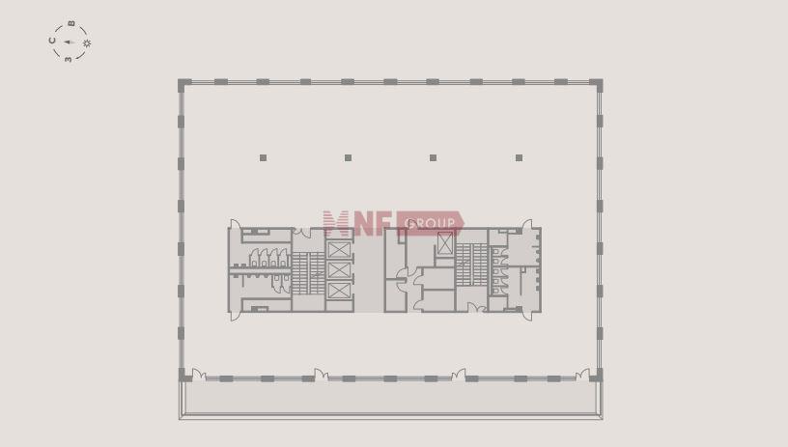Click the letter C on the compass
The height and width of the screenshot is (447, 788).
[x=52, y=41]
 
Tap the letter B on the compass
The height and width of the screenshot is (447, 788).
[x=71, y=23]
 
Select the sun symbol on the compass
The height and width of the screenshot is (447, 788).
[x=87, y=43]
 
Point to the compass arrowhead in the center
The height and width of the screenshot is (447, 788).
[x=68, y=42]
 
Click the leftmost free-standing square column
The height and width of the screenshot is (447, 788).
[x=263, y=157]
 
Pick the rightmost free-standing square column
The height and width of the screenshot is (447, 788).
[x=519, y=157]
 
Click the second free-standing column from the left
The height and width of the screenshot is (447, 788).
[x=348, y=157]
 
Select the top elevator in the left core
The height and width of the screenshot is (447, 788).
[x=339, y=250]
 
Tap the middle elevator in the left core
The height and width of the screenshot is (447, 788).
[x=339, y=270]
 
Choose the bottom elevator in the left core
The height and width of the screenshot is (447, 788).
[x=339, y=291]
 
